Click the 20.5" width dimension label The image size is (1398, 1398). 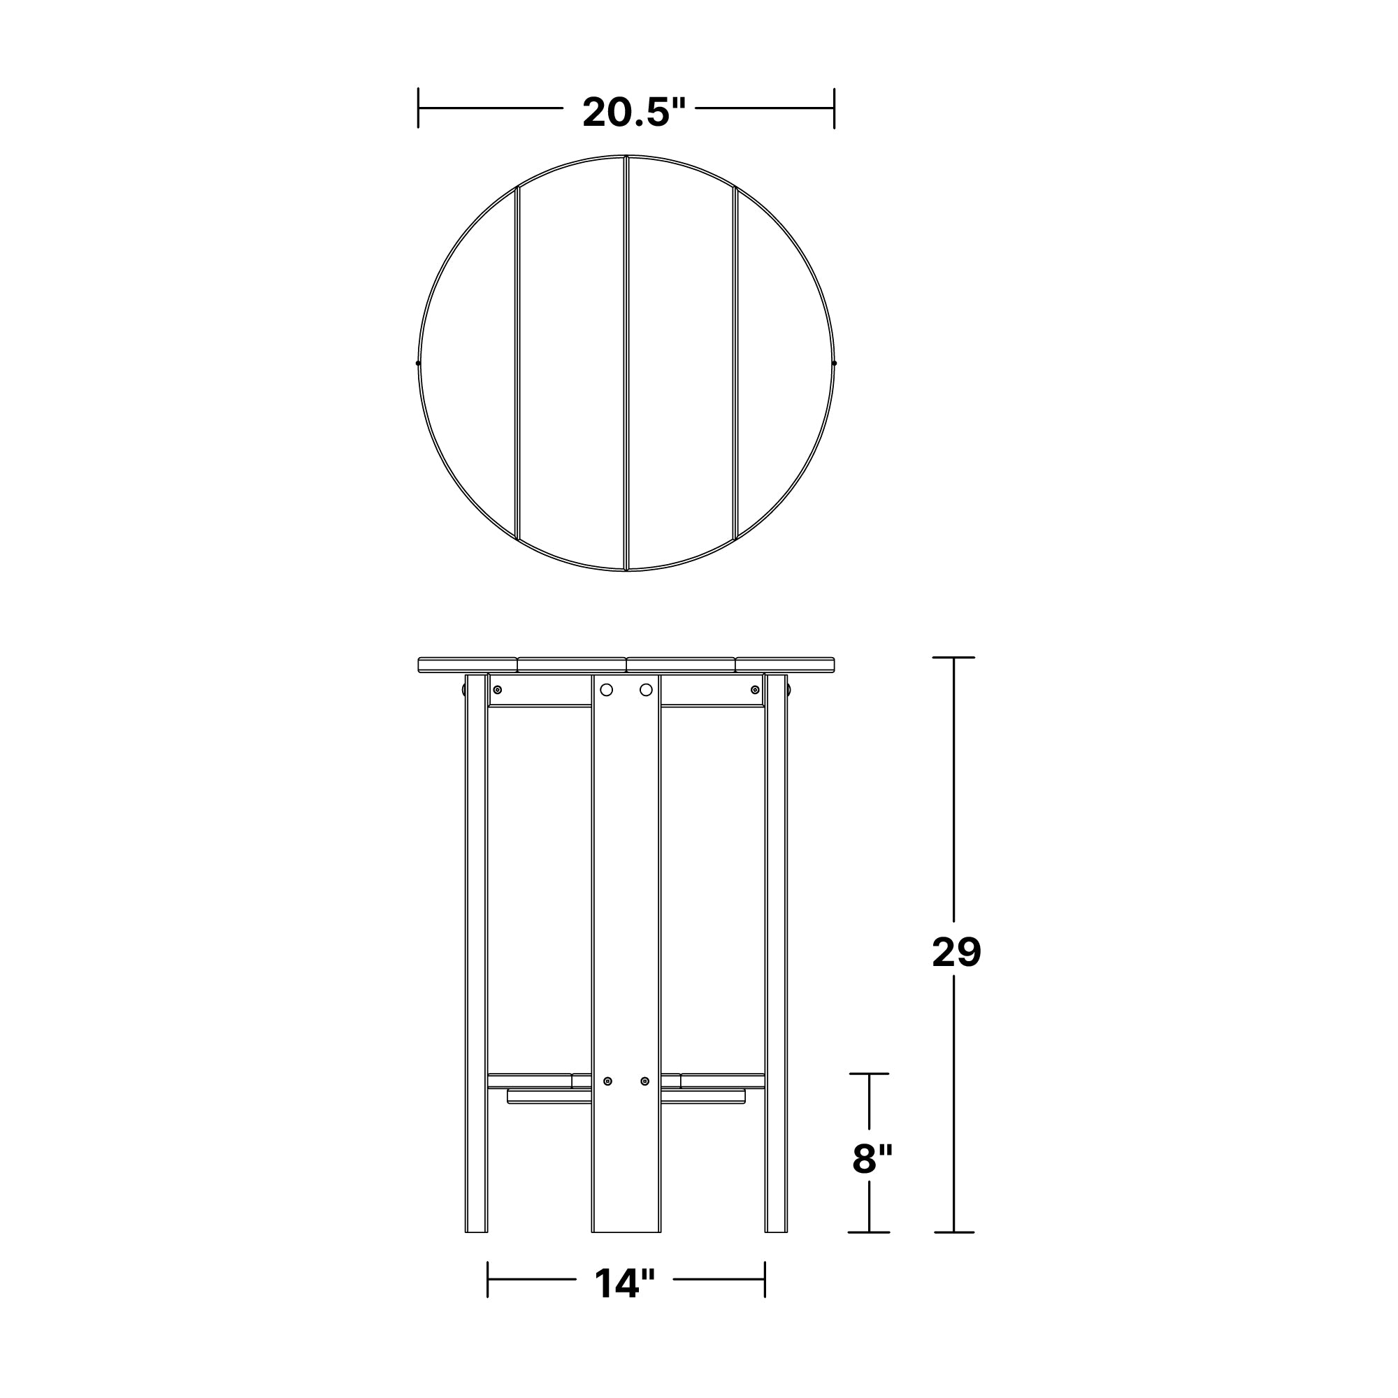(x=634, y=112)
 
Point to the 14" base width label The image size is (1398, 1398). (x=624, y=1283)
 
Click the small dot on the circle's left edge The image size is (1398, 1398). (x=418, y=363)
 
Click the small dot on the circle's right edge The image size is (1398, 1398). (x=835, y=363)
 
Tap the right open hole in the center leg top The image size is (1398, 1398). (x=646, y=690)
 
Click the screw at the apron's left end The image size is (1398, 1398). (x=497, y=690)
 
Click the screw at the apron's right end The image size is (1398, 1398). (x=756, y=690)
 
